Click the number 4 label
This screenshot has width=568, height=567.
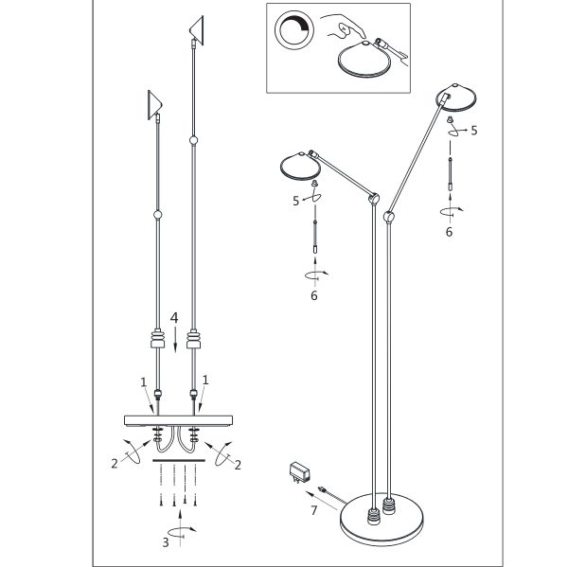click(x=174, y=318)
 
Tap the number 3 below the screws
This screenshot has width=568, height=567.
click(x=165, y=542)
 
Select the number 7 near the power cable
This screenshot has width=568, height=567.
click(x=313, y=510)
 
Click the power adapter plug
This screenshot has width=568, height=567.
click(x=299, y=472)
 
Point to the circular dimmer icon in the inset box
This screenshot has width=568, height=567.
click(x=294, y=29)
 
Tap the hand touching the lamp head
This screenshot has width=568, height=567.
click(x=346, y=27)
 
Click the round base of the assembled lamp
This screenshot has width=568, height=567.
click(x=382, y=520)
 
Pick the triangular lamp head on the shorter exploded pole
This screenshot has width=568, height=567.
click(x=154, y=105)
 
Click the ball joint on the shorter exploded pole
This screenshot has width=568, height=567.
click(x=157, y=215)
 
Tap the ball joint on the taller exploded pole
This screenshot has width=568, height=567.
click(x=194, y=140)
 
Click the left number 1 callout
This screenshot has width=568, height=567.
click(x=144, y=382)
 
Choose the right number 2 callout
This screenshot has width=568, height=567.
click(x=238, y=465)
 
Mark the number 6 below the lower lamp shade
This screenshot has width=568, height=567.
click(x=314, y=295)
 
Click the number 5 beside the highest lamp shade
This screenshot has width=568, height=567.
click(x=474, y=131)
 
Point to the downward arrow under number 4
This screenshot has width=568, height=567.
click(x=176, y=340)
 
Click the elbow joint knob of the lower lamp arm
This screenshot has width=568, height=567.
click(x=374, y=199)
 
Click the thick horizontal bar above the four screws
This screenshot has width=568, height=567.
click(x=179, y=460)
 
